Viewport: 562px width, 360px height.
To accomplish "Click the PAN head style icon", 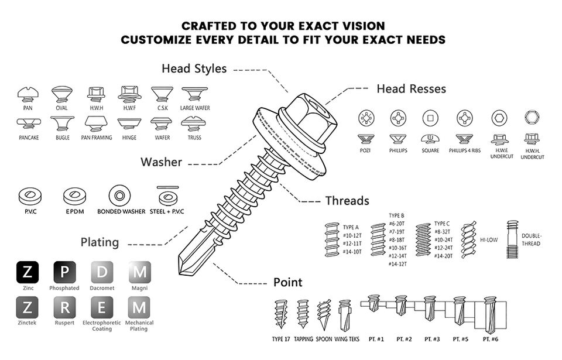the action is click(28, 95).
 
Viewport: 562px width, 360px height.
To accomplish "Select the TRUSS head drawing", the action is click(194, 124).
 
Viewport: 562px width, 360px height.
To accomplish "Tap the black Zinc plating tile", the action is click(28, 272).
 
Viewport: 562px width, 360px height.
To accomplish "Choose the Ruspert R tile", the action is click(64, 307).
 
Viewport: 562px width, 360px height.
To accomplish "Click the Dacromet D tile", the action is click(102, 272).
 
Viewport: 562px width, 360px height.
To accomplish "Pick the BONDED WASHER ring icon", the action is click(119, 196).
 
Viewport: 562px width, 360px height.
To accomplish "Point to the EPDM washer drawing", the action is click(74, 196).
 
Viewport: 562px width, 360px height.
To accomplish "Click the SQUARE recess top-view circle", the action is click(430, 118).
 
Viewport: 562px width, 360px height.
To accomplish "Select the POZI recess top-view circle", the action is click(366, 118).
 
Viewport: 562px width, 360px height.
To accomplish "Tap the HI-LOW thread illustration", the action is click(468, 239).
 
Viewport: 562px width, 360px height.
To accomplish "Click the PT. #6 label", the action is click(491, 339).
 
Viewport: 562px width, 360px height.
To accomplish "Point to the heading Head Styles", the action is click(194, 68).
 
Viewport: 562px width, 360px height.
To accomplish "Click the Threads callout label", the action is click(347, 201).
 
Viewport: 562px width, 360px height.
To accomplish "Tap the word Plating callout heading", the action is click(100, 242).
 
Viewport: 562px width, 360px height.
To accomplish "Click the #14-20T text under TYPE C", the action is click(443, 256).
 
